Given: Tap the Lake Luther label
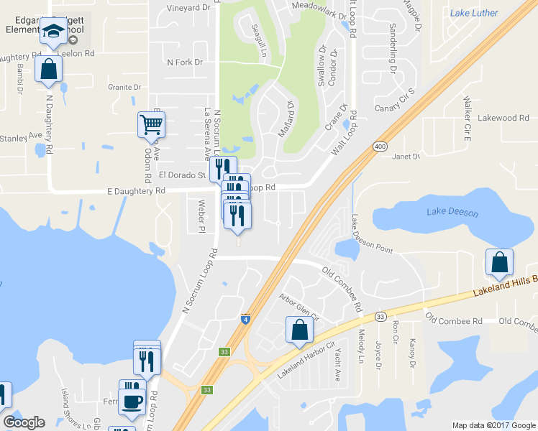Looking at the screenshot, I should [473, 13].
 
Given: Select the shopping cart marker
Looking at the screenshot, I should [151, 125].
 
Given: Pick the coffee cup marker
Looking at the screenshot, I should [132, 401].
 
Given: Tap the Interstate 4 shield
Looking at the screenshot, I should [245, 319].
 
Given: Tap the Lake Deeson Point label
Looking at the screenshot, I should [371, 236].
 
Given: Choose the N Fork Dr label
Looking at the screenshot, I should [185, 62].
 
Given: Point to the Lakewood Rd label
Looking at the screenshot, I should [503, 118].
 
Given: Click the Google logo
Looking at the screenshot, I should [24, 422].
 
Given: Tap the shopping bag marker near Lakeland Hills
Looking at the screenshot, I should [499, 263].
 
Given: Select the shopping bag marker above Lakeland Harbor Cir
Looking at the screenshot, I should [300, 330].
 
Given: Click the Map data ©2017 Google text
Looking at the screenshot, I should [493, 425].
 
